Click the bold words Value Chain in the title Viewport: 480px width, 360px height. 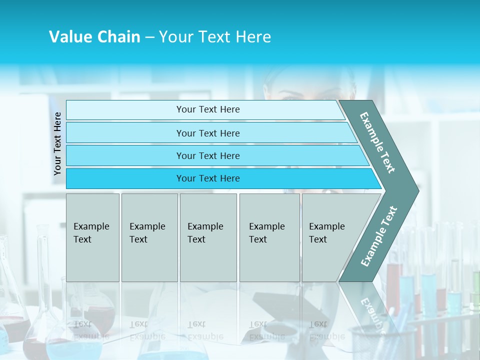[94, 37]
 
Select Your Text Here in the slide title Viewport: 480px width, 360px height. [215, 37]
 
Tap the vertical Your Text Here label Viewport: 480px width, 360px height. [57, 144]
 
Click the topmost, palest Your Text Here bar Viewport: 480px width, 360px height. [207, 109]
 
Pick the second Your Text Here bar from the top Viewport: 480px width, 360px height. [207, 133]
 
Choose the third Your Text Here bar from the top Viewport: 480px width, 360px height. [207, 155]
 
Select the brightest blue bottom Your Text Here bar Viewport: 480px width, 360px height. [207, 178]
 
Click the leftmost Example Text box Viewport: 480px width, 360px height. [92, 237]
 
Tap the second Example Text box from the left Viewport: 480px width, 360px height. [149, 237]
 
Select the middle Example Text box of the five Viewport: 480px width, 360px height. [208, 237]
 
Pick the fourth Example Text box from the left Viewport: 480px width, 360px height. [269, 237]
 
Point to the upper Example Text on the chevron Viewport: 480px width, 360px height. [377, 142]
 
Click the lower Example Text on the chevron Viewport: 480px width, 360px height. [379, 236]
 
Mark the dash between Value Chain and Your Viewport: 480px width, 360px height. [149, 37]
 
